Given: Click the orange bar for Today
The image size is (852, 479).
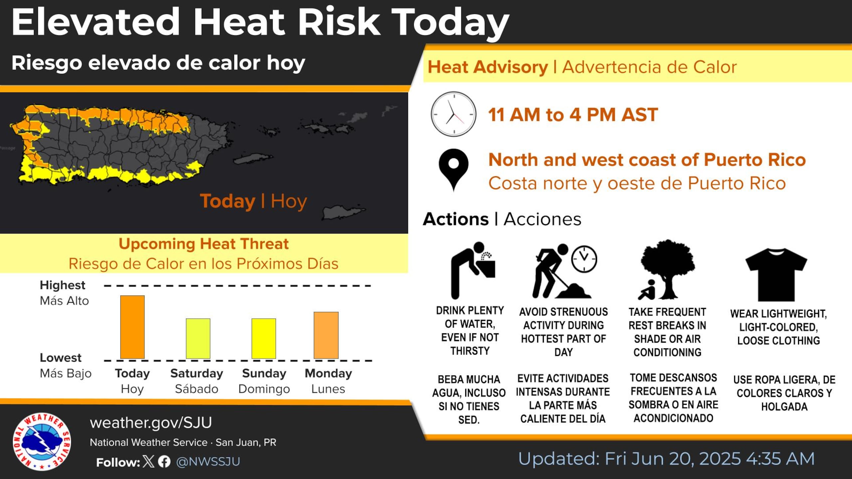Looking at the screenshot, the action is pos(132,327).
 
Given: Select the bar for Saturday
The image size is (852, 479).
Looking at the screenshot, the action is pos(198,339).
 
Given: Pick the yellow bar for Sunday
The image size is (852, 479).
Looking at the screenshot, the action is pos(264,339).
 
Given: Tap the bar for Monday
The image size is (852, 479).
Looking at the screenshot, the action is pos(326,335).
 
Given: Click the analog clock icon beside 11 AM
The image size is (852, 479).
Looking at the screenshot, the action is pos(453,114).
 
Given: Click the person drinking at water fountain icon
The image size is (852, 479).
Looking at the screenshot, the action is pos(473,270).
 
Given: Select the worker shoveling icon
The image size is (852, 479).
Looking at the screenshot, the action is pos(564,271).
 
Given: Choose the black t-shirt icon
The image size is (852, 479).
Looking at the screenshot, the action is pos(776,274).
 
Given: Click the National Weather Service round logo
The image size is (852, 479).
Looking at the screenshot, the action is pos(42,441).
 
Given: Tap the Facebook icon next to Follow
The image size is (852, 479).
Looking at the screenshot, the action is pos(164,462).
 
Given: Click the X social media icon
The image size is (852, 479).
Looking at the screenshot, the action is pos(148,461).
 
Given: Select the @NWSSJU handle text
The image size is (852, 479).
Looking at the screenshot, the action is pos(208,462).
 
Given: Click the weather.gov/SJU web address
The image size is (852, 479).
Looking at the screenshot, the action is pos(151,422).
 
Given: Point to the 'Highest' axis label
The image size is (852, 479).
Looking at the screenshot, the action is pos(63,285).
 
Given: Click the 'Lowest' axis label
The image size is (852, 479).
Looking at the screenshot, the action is pos(61,358).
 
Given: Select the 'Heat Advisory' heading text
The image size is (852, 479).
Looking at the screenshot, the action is pos(488,67).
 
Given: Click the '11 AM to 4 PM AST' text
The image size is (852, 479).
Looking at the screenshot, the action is pos(573,115).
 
